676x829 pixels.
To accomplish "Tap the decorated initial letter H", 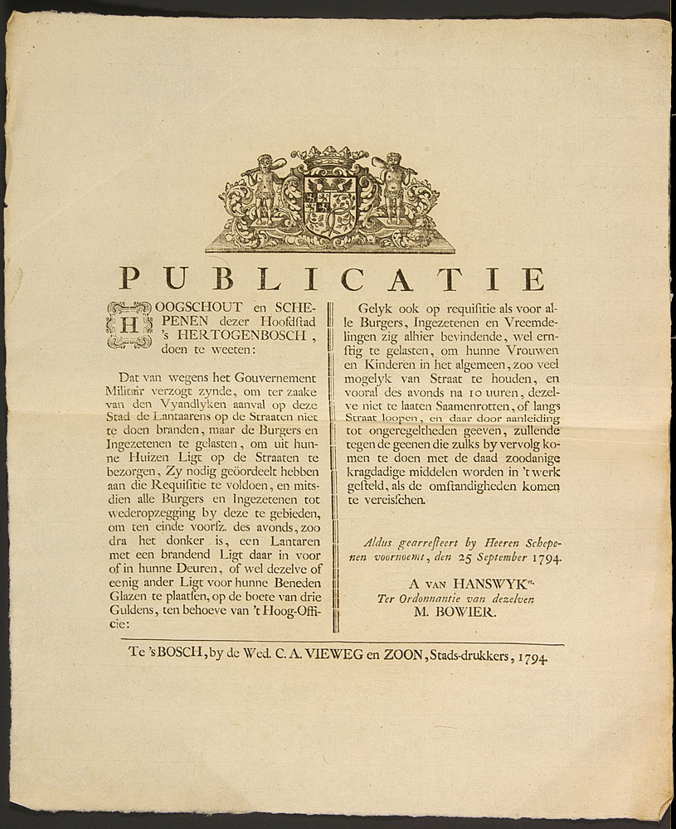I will coord(129,324).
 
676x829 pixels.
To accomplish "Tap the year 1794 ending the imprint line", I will coord(532,658).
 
